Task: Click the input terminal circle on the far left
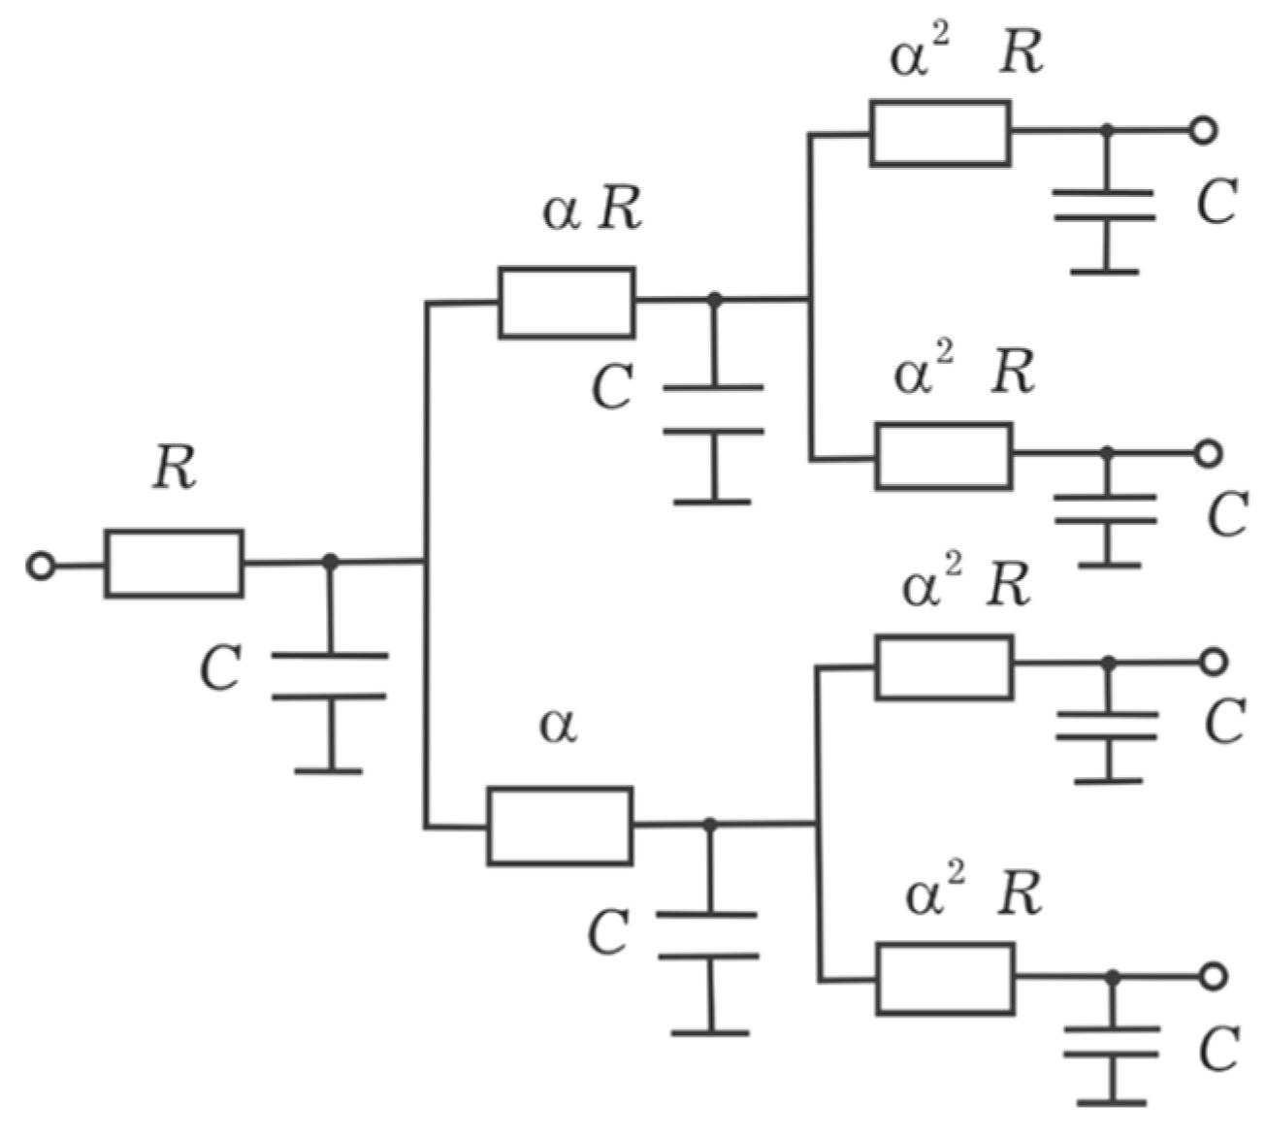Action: (x=41, y=565)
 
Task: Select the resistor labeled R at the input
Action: (x=175, y=563)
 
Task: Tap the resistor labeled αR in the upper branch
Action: (x=567, y=303)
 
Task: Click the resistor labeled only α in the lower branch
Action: (x=560, y=826)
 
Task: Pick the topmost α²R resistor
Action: (x=940, y=133)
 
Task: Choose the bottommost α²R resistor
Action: (x=946, y=979)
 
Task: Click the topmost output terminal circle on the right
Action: (x=1203, y=130)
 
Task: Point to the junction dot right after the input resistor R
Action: (x=330, y=562)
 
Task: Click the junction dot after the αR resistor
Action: (x=715, y=299)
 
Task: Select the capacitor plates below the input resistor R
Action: (x=329, y=676)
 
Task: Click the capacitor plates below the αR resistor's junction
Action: (x=713, y=409)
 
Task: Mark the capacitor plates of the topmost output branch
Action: (x=1105, y=205)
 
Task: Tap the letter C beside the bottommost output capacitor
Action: (x=1218, y=1050)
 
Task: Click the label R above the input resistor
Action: (x=175, y=471)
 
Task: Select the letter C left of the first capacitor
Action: (x=220, y=669)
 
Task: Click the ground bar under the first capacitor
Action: (x=329, y=770)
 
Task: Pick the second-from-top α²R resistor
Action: (x=944, y=455)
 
